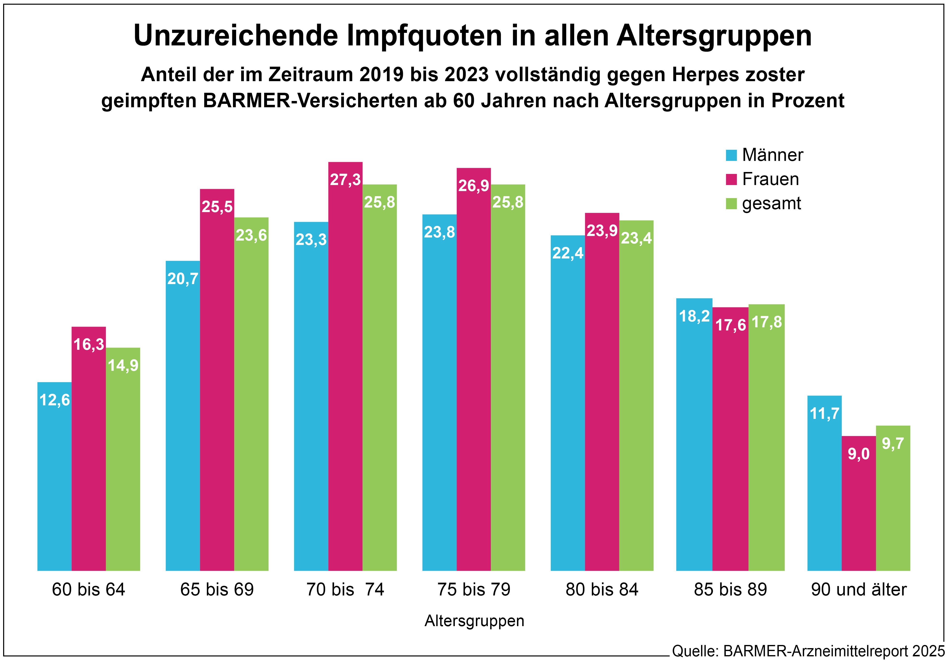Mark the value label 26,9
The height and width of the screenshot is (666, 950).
point(473,186)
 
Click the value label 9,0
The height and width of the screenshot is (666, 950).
point(859,454)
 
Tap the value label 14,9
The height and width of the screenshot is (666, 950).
point(123,365)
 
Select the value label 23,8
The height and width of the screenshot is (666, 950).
point(439,232)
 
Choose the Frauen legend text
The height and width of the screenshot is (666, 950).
point(770,179)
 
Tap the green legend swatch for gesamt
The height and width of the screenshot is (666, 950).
point(731,204)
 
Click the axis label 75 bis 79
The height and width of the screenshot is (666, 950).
point(474,589)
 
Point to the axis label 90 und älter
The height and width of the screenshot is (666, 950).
point(859,589)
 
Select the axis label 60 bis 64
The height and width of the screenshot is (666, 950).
point(88,589)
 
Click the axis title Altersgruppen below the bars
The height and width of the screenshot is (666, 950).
point(474,621)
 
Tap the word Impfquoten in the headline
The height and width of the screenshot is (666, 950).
point(424,36)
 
